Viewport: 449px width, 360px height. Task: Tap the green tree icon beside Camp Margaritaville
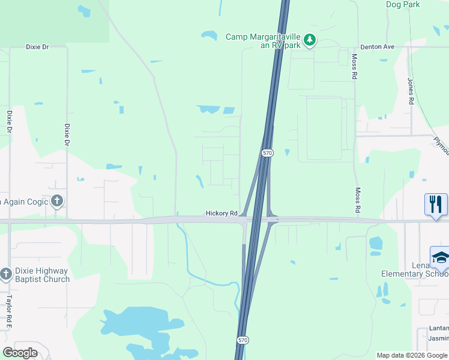310,40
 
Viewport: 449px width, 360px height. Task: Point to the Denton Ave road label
377,47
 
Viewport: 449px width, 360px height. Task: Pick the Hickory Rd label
221,213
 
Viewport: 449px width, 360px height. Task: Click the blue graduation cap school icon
440,257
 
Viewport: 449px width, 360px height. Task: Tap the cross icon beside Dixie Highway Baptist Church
6,274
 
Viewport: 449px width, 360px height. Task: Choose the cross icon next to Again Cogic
57,201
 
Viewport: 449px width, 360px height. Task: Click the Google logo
20,353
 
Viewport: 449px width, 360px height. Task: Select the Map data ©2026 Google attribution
411,355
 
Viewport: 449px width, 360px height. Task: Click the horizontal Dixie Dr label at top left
37,47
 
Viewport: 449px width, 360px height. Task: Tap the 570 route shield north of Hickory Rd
267,154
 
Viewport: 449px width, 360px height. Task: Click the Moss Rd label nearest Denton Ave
355,67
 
